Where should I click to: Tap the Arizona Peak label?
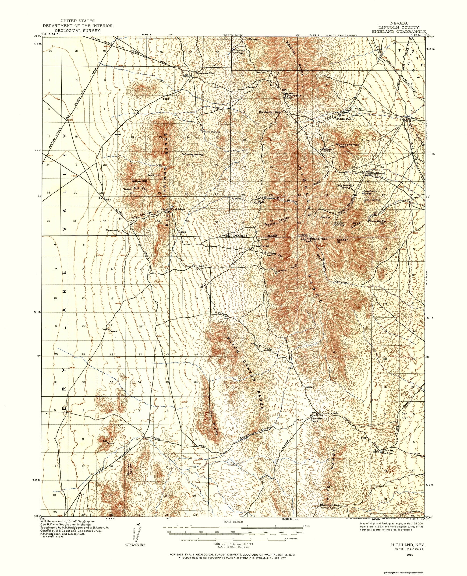pos(350,144)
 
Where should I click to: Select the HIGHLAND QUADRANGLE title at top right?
pos(399,32)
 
